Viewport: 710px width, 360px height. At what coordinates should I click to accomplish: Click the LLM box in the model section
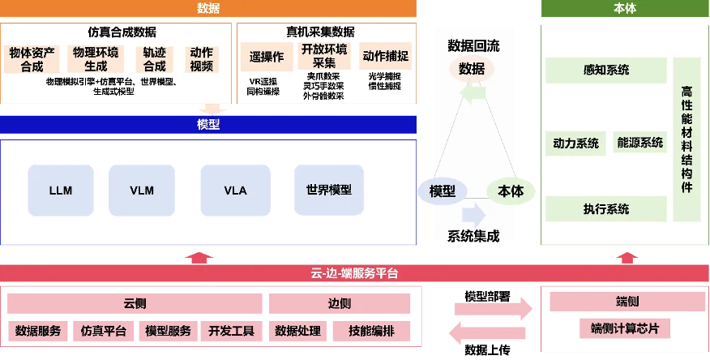pyautogui.click(x=61, y=191)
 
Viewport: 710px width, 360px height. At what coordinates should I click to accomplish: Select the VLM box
pyautogui.click(x=142, y=191)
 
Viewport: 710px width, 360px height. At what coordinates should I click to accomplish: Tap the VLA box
pyautogui.click(x=235, y=191)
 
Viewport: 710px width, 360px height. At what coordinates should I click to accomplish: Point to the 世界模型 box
pyautogui.click(x=329, y=191)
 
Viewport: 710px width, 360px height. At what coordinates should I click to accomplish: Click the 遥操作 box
pyautogui.click(x=267, y=57)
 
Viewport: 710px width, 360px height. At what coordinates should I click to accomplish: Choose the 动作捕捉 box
pyautogui.click(x=386, y=57)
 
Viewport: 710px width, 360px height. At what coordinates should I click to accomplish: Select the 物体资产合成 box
pyautogui.click(x=32, y=60)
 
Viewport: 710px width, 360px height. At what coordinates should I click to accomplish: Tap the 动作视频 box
pyautogui.click(x=201, y=60)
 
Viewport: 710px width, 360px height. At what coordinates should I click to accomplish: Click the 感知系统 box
pyautogui.click(x=605, y=71)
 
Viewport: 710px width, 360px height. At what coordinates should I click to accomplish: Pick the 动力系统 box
pyautogui.click(x=575, y=144)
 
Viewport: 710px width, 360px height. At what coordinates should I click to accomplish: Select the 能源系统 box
pyautogui.click(x=639, y=144)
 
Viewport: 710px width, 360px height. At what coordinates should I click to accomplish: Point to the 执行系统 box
pyautogui.click(x=605, y=209)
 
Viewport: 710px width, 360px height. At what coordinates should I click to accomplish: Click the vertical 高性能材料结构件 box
pyautogui.click(x=687, y=139)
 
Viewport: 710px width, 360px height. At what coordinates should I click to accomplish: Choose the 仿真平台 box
pyautogui.click(x=104, y=331)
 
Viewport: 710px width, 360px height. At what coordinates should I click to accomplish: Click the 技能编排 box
pyautogui.click(x=370, y=331)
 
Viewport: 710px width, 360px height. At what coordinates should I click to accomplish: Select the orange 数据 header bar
pyautogui.click(x=208, y=8)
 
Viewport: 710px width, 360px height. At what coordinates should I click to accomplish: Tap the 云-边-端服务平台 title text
pyautogui.click(x=355, y=273)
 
